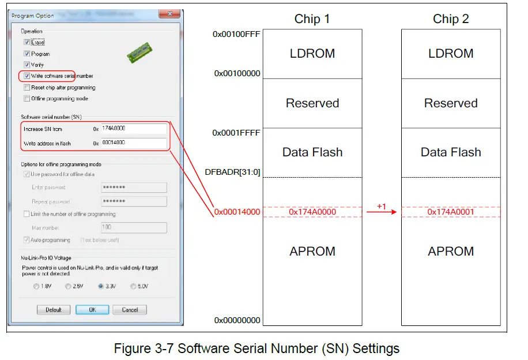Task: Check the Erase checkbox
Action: (x=27, y=42)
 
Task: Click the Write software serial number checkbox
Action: (x=27, y=76)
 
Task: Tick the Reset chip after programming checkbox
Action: (x=27, y=88)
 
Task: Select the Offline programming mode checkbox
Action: (x=27, y=99)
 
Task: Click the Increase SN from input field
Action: (x=133, y=129)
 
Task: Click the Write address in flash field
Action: (x=133, y=142)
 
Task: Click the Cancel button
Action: (x=130, y=310)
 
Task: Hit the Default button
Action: (x=53, y=310)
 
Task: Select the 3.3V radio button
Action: (x=101, y=286)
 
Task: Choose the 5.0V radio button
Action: (x=133, y=286)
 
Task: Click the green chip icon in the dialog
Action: (x=139, y=52)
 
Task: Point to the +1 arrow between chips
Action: (x=382, y=212)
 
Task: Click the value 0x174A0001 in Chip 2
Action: (x=451, y=212)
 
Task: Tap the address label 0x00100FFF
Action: (x=236, y=34)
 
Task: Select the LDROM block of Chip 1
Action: (x=312, y=54)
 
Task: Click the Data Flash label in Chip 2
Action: (x=451, y=152)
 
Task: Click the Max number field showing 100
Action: (x=133, y=227)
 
